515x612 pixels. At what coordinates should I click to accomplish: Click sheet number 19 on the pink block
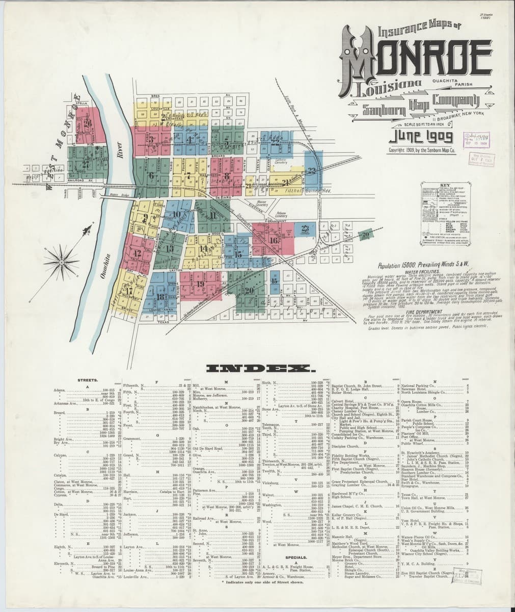coord(200,284)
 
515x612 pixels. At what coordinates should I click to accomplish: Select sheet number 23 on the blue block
coord(305,229)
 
